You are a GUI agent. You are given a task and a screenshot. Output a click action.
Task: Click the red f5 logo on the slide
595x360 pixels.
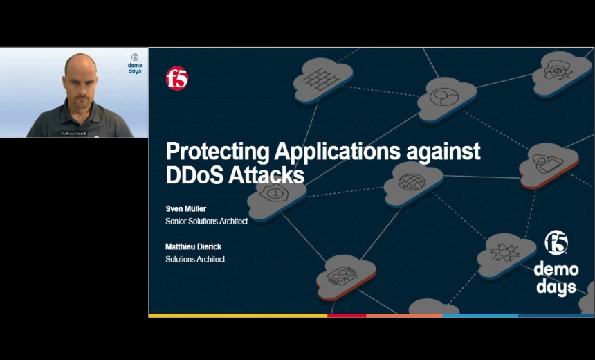tap(176, 78)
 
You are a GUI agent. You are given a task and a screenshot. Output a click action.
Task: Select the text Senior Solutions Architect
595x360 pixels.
tap(206, 222)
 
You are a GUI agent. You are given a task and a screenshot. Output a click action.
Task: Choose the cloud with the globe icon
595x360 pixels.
tap(412, 181)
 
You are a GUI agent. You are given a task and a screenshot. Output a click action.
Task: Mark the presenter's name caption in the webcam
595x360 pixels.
tap(73, 133)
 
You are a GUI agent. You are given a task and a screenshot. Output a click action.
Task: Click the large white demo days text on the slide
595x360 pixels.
tap(556, 277)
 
